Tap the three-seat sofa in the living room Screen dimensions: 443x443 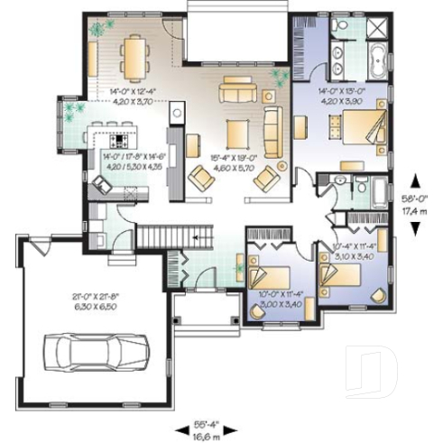tap(239, 89)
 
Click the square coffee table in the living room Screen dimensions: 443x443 tap(237, 127)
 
